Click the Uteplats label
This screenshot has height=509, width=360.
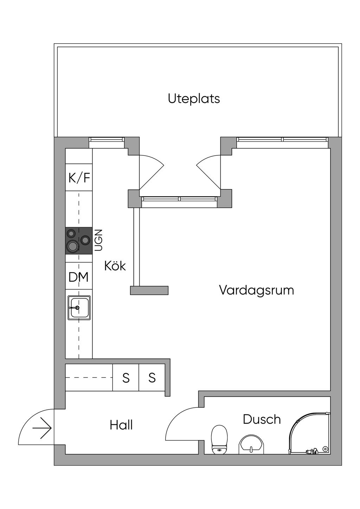pyautogui.click(x=194, y=99)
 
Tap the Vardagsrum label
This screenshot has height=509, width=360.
pyautogui.click(x=257, y=291)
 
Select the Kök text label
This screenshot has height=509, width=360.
pyautogui.click(x=115, y=265)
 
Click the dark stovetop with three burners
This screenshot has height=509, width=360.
pyautogui.click(x=79, y=241)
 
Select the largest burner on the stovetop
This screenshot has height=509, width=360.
pyautogui.click(x=72, y=246)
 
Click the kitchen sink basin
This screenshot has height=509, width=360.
pyautogui.click(x=79, y=308)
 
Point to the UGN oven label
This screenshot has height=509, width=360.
pyautogui.click(x=98, y=240)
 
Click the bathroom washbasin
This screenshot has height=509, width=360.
pyautogui.click(x=252, y=445)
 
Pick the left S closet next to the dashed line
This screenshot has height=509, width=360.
pyautogui.click(x=126, y=378)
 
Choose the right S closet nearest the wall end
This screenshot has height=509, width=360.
pyautogui.click(x=152, y=378)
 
